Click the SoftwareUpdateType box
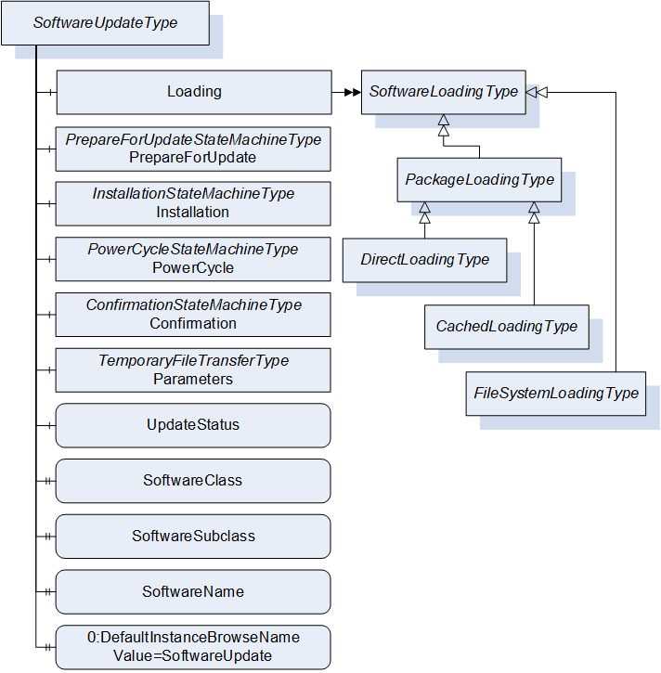(x=105, y=23)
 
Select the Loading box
(x=194, y=92)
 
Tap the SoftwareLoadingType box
(x=444, y=92)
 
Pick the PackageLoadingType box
(x=479, y=180)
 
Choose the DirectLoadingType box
(x=424, y=260)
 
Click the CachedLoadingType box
(x=507, y=327)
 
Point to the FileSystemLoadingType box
(x=556, y=394)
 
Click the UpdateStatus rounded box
(x=193, y=425)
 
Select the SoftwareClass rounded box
(x=193, y=481)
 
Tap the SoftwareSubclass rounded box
(x=193, y=537)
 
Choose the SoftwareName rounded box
(x=193, y=592)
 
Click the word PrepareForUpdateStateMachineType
(x=193, y=140)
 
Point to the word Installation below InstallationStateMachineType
(x=193, y=212)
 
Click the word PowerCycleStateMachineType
(x=193, y=250)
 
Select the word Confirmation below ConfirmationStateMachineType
(x=193, y=323)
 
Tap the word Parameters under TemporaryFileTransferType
(x=193, y=379)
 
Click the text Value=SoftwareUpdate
(x=192, y=656)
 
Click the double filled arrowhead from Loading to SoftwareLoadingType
(x=353, y=92)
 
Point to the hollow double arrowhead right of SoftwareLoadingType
(x=537, y=92)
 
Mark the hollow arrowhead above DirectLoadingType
(x=424, y=213)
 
